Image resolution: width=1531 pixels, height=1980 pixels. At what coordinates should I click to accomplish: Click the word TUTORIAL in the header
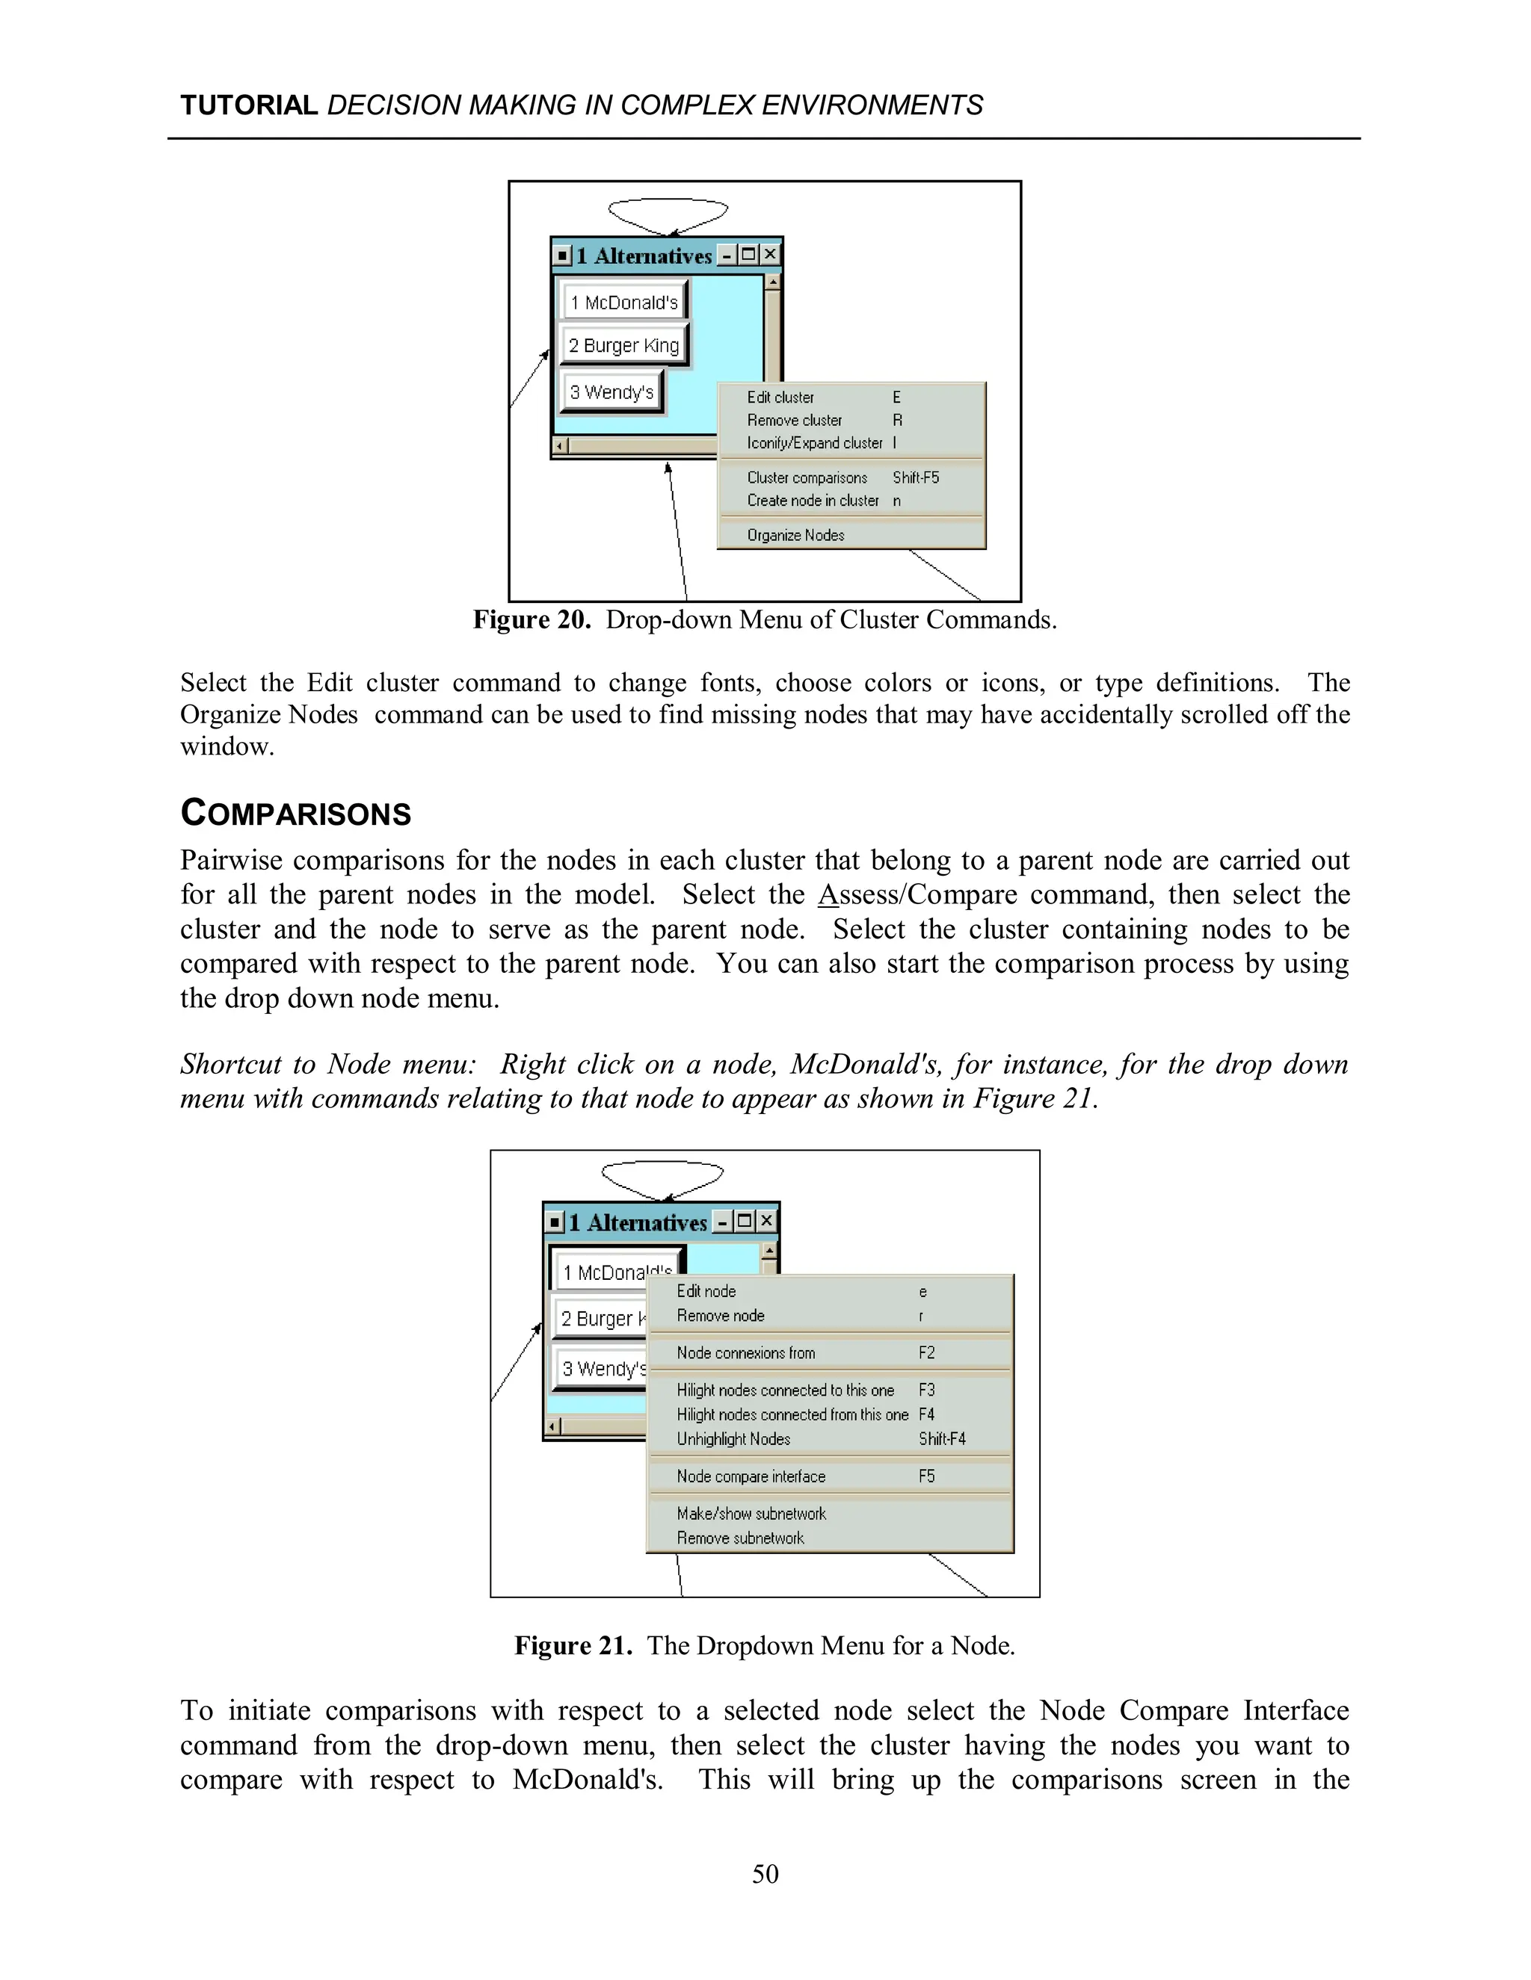tap(247, 105)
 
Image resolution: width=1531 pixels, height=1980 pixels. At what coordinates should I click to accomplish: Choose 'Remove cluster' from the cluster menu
tap(794, 420)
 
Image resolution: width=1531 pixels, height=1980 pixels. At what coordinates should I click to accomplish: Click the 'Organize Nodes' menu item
tap(795, 535)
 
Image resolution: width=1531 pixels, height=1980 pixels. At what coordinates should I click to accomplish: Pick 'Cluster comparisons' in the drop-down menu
tap(807, 477)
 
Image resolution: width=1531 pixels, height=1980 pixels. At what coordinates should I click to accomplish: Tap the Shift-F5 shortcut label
tap(915, 477)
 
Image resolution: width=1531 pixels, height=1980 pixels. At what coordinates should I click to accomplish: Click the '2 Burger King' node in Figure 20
tap(623, 345)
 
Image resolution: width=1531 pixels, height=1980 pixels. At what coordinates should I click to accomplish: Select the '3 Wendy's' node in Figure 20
tap(612, 392)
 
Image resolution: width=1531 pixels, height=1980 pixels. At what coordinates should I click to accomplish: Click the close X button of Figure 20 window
tap(770, 255)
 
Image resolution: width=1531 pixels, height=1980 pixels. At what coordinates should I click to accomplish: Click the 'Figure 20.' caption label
tap(532, 619)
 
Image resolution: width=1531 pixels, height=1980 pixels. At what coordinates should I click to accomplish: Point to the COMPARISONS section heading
tap(296, 812)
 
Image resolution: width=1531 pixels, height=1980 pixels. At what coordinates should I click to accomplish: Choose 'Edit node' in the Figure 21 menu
tap(706, 1291)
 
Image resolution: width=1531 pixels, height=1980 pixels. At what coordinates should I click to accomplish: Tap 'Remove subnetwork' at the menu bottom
tap(740, 1538)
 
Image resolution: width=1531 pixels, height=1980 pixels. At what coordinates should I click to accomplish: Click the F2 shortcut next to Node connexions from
tap(926, 1352)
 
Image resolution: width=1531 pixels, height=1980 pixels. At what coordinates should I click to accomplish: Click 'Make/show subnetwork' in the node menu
tap(751, 1513)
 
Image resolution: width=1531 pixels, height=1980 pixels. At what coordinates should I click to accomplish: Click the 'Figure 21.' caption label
tap(573, 1645)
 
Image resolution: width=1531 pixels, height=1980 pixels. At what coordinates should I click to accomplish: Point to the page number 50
tap(765, 1874)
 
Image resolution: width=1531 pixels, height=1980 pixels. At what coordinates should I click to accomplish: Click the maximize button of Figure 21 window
tap(745, 1221)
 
